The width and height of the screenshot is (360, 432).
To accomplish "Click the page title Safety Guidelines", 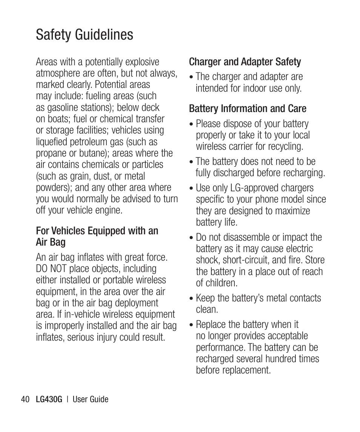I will [85, 35].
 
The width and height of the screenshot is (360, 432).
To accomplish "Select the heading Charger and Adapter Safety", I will [245, 62].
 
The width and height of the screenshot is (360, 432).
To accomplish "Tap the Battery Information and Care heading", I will [247, 109].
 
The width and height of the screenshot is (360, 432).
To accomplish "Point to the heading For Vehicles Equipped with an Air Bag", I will [97, 236].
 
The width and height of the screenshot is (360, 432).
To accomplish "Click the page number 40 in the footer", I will [25, 399].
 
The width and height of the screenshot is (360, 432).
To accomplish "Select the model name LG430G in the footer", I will [48, 399].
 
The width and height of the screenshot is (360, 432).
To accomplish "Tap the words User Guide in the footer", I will [90, 399].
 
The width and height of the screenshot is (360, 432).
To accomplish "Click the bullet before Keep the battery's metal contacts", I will [192, 299].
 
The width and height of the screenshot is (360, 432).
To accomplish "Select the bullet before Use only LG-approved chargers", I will [192, 189].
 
